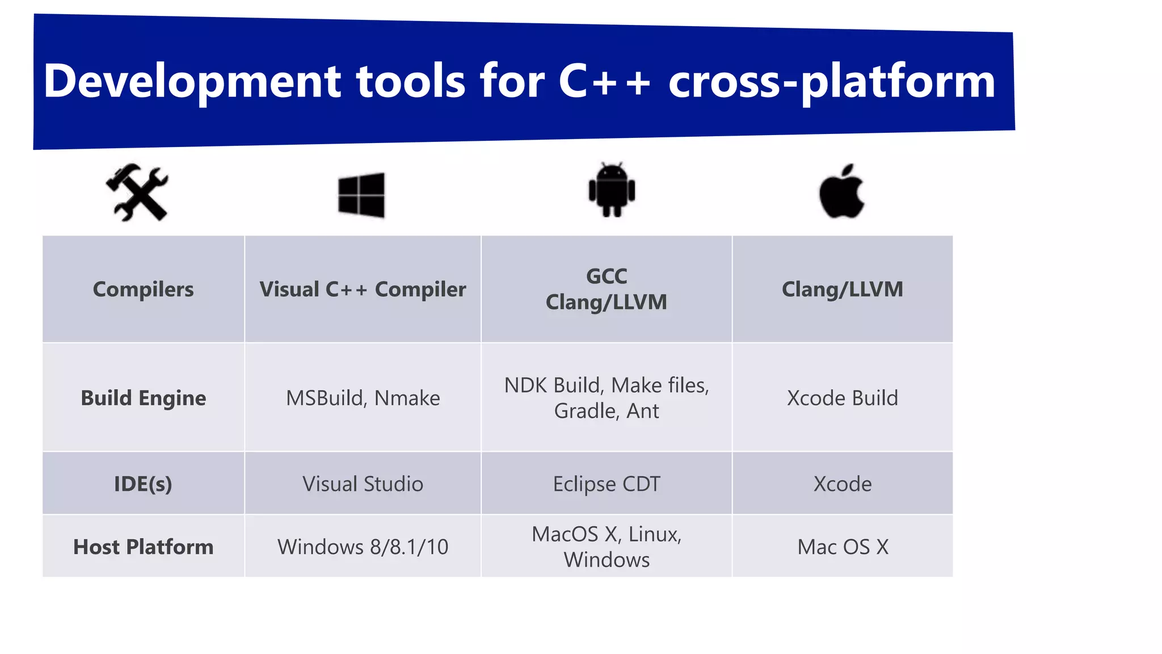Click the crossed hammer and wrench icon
pos(137,192)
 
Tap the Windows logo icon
pos(361,195)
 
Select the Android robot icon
pos(612,190)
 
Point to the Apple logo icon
pos(841,192)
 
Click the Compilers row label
pos(143,290)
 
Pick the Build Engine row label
pos(143,398)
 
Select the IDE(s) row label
pos(143,484)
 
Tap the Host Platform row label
pos(143,547)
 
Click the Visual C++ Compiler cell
pos(363,290)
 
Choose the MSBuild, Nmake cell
pos(363,398)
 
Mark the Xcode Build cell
pos(843,398)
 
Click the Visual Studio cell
pos(363,484)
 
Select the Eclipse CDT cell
pos(607,484)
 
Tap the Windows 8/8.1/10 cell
pos(363,547)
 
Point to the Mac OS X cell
pos(843,547)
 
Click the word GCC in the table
pos(607,276)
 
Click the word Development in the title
pos(192,81)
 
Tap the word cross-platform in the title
pos(831,81)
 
